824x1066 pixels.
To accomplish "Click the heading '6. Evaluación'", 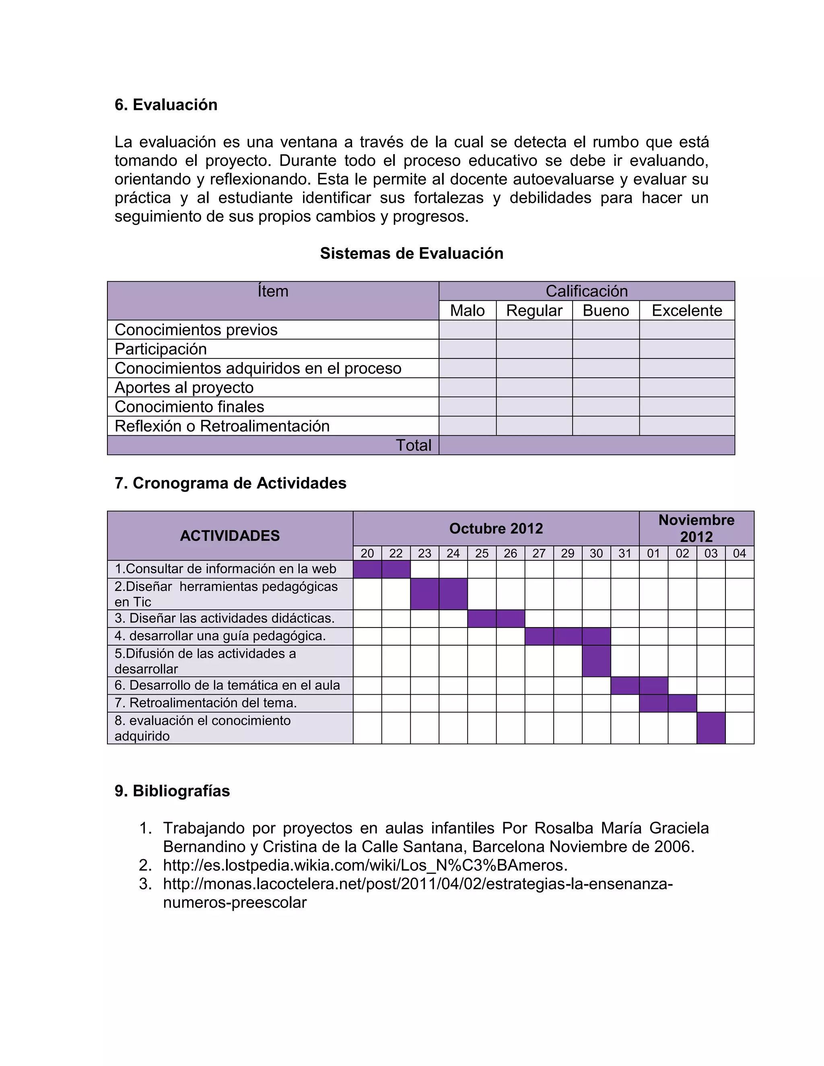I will (166, 105).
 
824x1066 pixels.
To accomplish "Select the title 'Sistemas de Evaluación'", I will (412, 253).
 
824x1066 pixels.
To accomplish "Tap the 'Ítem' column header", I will (273, 291).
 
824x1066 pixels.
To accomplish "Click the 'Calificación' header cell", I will (586, 291).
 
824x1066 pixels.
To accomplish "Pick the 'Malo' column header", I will (467, 311).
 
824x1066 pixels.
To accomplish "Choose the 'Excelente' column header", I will (686, 311).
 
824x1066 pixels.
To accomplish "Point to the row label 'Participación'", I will (161, 349).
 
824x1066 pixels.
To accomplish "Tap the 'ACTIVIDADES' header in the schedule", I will (229, 536).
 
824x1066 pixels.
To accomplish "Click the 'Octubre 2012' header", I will (496, 529).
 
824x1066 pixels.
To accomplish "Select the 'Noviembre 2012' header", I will (696, 529).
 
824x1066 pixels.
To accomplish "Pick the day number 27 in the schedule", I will (539, 554).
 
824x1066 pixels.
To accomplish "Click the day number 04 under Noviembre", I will (739, 554).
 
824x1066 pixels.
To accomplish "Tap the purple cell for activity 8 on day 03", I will (711, 728).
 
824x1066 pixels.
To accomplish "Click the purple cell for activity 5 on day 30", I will (596, 661).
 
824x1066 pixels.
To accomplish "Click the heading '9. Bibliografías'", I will (172, 791).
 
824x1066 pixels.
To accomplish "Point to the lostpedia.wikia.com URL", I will (365, 865).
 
